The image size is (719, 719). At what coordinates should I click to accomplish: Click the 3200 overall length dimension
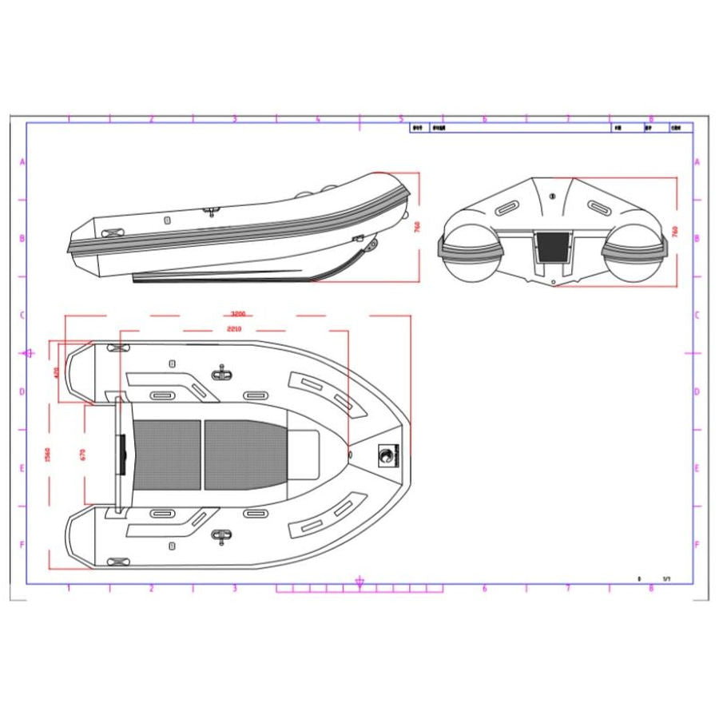tap(236, 314)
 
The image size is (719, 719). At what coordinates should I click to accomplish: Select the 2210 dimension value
tap(234, 328)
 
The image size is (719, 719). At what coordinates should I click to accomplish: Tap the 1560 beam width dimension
tap(47, 455)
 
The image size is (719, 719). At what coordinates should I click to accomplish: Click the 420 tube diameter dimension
tap(55, 372)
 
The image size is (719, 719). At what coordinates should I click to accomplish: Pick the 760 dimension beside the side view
tap(417, 227)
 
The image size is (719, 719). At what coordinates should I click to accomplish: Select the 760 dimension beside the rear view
tap(675, 231)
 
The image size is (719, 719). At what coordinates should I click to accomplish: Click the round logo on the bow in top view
tap(386, 455)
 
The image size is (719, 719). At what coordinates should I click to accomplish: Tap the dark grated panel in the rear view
tap(553, 247)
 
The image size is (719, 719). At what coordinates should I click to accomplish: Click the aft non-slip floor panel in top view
tap(166, 455)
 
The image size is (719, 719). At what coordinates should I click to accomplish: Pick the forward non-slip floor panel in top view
tap(244, 455)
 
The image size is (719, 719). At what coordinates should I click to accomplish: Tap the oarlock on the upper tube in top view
tap(221, 373)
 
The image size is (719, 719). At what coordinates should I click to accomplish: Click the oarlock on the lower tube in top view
tap(221, 536)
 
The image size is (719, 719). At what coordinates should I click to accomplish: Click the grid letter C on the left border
tap(22, 315)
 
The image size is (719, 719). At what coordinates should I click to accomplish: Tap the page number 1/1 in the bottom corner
tap(666, 578)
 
